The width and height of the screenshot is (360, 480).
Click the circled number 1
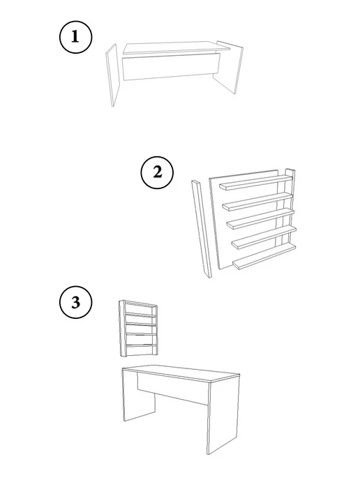point(75,37)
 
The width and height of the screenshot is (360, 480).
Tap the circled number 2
point(157,172)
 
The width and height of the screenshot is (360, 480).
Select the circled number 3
point(75,302)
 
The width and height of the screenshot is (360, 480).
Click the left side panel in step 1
point(112,75)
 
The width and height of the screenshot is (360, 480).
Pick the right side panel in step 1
point(229,67)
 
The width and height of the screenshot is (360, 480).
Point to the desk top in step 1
point(177,47)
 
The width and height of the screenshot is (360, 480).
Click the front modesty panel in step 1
point(171,67)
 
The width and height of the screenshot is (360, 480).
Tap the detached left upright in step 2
point(202,229)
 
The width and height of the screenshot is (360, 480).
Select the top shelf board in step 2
point(255,183)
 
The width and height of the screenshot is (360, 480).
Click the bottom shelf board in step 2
point(264,257)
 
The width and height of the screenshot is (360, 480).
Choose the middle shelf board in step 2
point(260,219)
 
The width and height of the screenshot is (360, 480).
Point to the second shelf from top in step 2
point(257,202)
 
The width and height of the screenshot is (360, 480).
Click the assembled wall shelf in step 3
point(139,329)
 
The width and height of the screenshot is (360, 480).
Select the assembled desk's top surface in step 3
point(181,373)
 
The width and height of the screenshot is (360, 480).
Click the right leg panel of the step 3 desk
point(223,416)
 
